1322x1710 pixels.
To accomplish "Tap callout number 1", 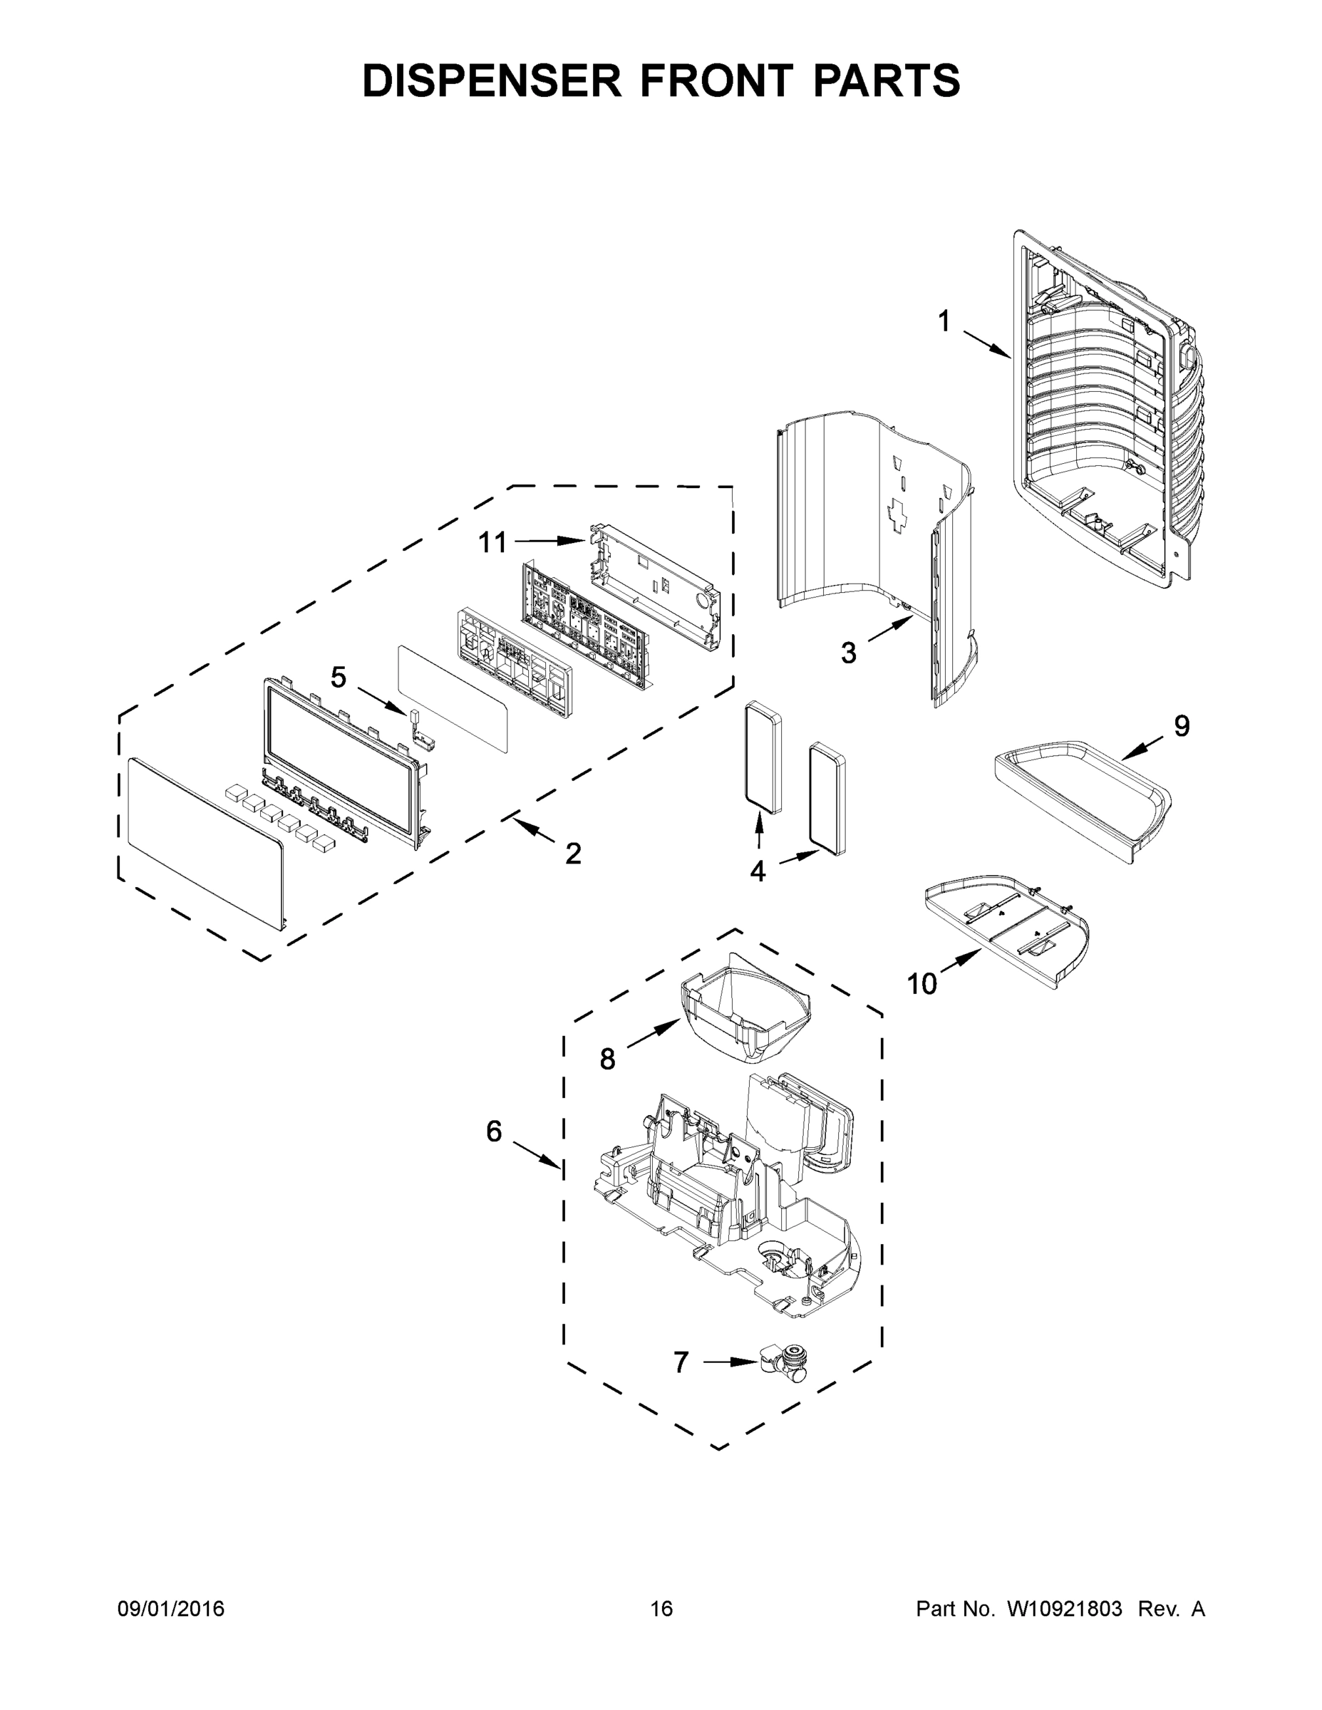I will pos(944,321).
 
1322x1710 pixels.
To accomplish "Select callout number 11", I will pos(492,541).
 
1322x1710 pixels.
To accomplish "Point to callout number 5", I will pos(338,676).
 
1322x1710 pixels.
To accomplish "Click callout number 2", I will pos(573,854).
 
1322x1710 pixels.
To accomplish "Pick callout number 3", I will pos(849,652).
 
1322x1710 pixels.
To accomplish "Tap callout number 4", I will pos(758,871).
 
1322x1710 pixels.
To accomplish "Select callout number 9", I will pos(1181,726).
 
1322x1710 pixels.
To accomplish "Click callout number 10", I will pos(921,983).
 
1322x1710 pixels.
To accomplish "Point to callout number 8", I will pos(608,1059).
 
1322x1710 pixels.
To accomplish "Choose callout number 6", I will pos(493,1131).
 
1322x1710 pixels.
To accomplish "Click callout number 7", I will pos(681,1362).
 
